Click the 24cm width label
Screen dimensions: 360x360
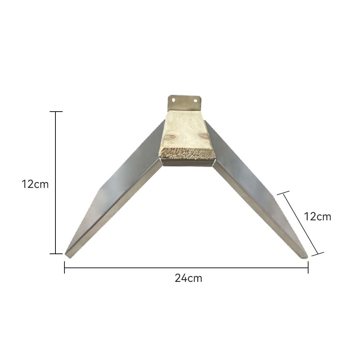[x=188, y=278]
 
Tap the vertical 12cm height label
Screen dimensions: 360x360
[x=35, y=184]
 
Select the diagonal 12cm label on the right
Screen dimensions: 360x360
[x=318, y=216]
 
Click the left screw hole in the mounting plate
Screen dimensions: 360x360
[x=174, y=100]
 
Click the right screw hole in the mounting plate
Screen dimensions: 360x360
[x=195, y=100]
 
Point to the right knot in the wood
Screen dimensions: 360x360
[x=204, y=136]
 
